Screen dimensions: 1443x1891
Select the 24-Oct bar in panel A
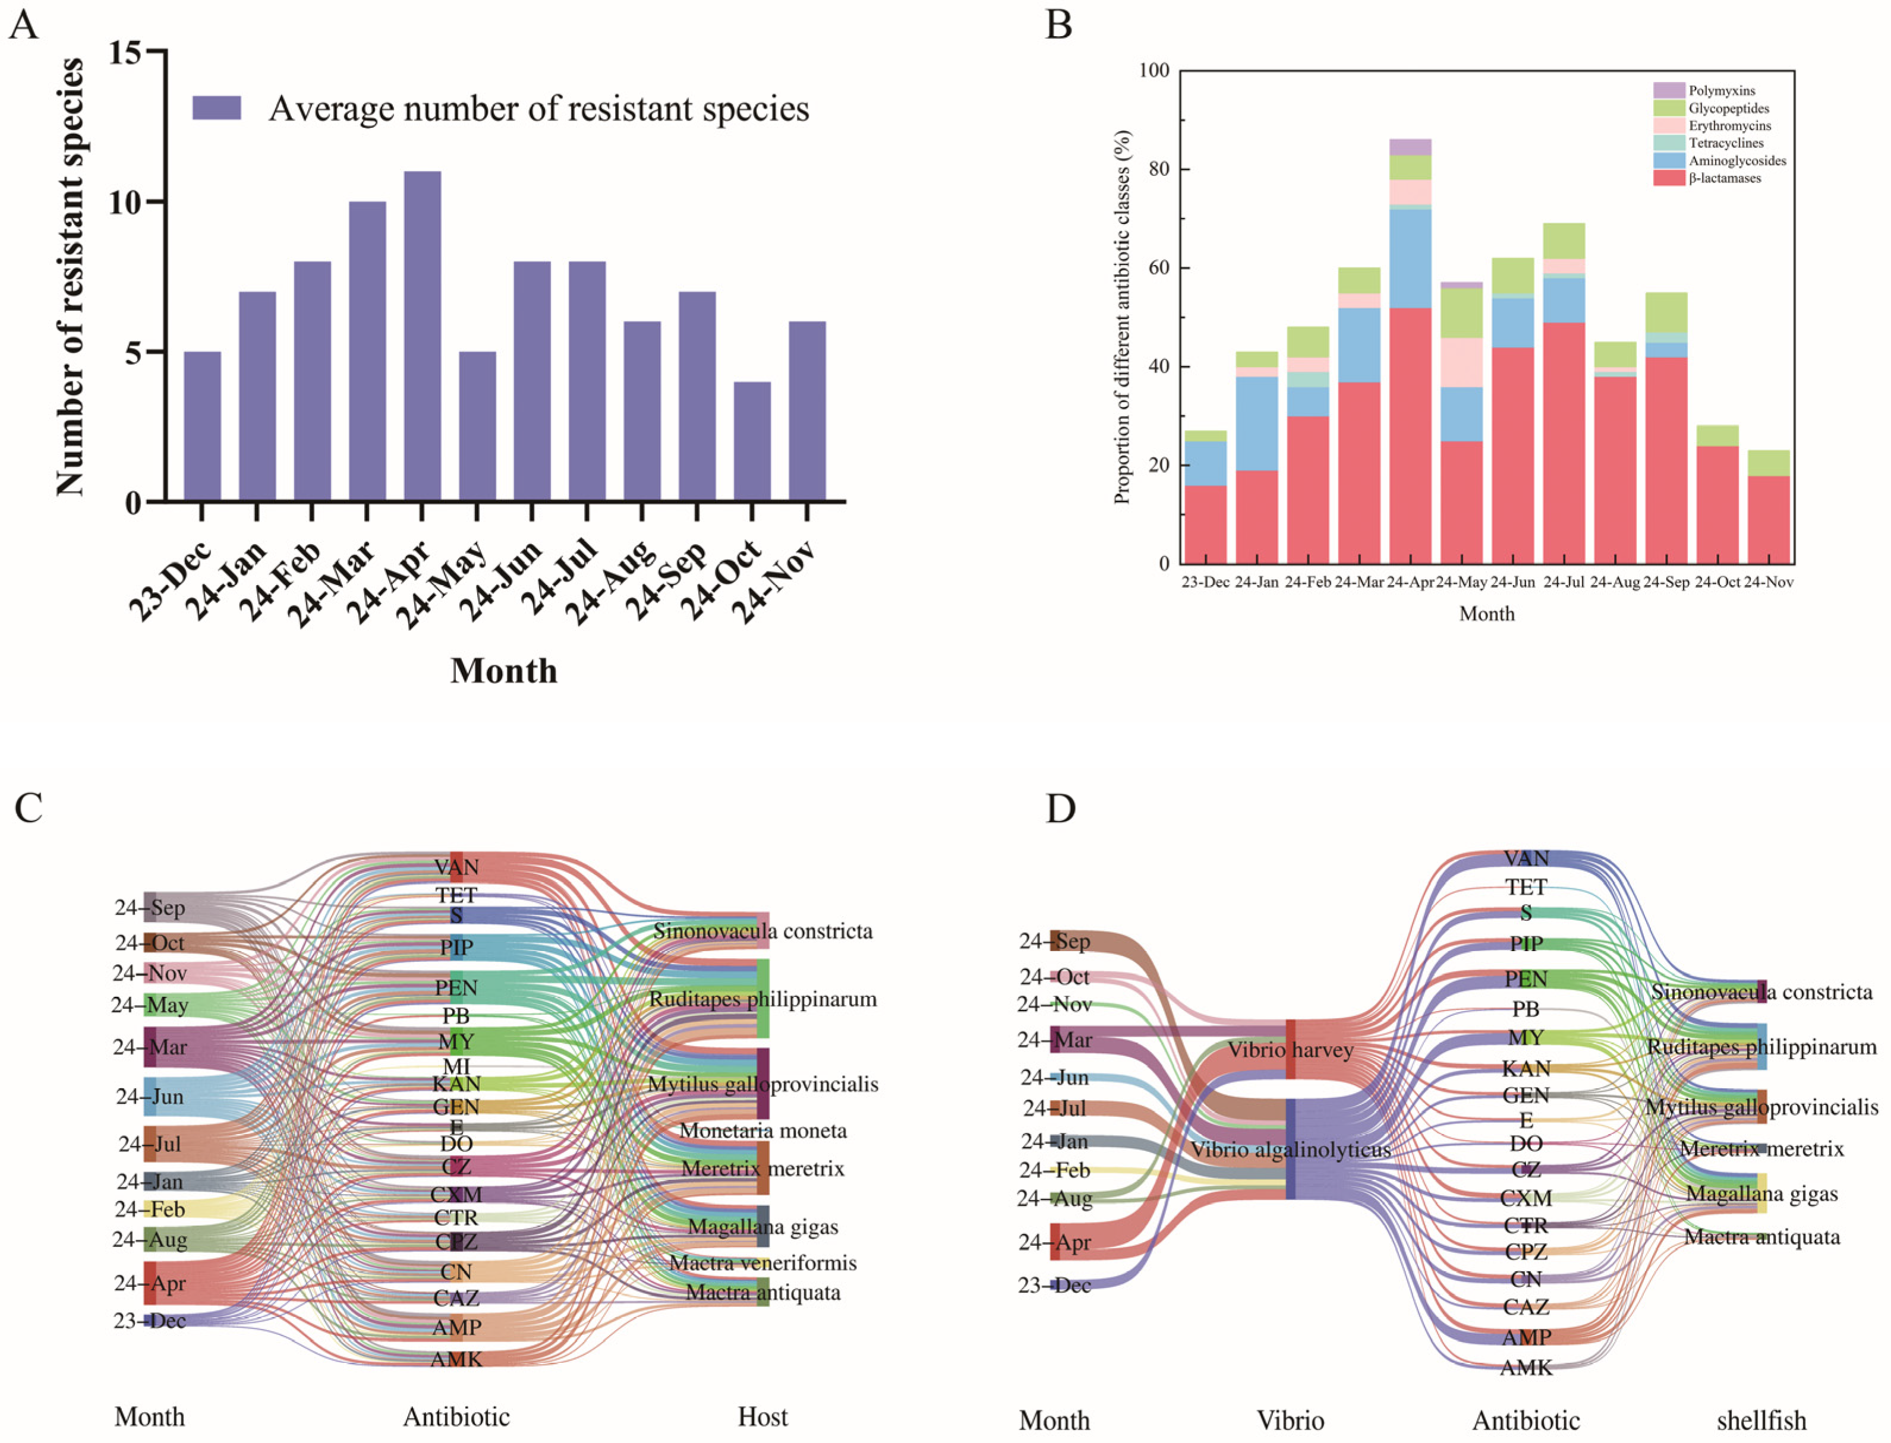coord(752,441)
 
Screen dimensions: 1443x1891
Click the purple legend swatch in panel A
coord(216,108)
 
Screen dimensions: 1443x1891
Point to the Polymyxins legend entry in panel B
coord(1721,90)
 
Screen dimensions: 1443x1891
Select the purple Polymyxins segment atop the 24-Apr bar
coord(1410,147)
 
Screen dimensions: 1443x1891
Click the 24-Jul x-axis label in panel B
coord(1564,582)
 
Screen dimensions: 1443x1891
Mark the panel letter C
coord(29,809)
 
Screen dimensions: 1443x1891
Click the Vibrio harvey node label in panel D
coord(1290,1050)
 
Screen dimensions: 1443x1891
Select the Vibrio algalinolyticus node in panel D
coord(1290,1150)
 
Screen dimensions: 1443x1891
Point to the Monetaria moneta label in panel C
coord(763,1131)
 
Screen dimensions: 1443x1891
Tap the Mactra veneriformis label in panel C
coord(763,1262)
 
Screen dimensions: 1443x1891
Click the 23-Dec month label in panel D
coord(1054,1285)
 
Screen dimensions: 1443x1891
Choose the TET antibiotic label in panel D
coord(1526,886)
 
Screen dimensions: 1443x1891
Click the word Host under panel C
coord(763,1416)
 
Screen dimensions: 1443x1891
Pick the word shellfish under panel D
coord(1761,1420)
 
